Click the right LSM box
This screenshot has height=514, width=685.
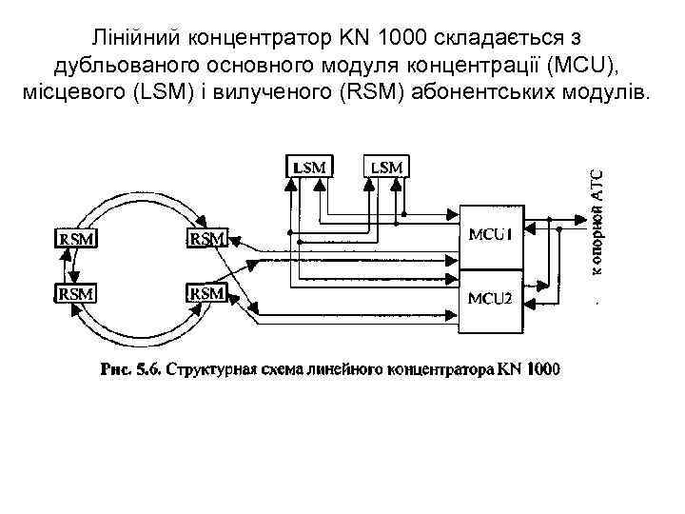pos(387,167)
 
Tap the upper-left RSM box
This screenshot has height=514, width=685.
pos(76,239)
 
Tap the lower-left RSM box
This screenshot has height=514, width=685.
pos(76,293)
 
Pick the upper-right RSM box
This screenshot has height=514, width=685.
pos(206,238)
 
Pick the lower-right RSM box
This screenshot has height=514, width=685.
pos(206,292)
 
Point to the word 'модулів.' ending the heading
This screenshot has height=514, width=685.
pos(608,96)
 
